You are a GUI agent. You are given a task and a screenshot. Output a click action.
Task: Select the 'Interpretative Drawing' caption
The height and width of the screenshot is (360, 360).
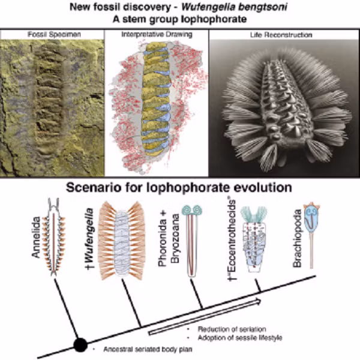pyautogui.click(x=156, y=35)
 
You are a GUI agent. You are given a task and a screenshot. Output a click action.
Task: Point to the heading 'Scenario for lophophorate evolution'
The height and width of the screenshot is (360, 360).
pyautogui.click(x=180, y=187)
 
